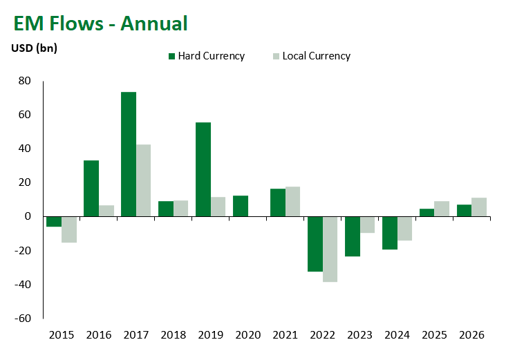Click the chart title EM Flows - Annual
point(100,23)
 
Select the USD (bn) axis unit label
point(34,48)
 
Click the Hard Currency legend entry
point(207,56)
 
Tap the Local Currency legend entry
point(312,56)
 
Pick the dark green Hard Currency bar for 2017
point(129,154)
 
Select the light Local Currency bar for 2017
point(143,180)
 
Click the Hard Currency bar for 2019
point(203,169)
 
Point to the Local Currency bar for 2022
point(330,249)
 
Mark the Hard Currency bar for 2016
point(91,189)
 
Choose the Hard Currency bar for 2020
point(241,206)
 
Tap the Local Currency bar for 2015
point(69,229)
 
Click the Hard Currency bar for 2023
point(353,236)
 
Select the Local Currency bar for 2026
point(479,207)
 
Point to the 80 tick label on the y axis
point(24,81)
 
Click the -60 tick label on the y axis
point(23,319)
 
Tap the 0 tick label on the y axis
point(28,216)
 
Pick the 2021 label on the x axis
point(285,335)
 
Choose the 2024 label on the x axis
point(397,335)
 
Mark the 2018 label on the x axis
point(174,335)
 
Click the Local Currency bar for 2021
point(292,202)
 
